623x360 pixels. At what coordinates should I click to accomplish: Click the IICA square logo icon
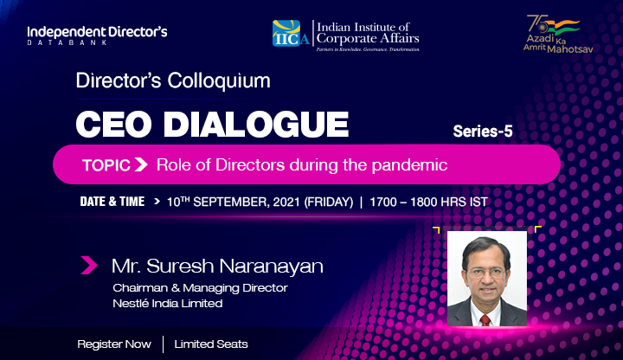pyautogui.click(x=286, y=33)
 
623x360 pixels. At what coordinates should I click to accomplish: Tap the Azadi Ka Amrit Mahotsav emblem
pyautogui.click(x=558, y=34)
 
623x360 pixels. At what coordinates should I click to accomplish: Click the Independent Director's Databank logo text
pyautogui.click(x=97, y=35)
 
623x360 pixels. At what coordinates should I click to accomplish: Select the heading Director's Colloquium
pyautogui.click(x=173, y=80)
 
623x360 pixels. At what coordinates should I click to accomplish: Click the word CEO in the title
pyautogui.click(x=114, y=124)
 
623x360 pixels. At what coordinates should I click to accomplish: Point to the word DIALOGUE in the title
pyautogui.click(x=256, y=124)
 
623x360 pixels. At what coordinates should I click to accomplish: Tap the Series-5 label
pyautogui.click(x=483, y=132)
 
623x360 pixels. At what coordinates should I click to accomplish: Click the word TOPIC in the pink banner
pyautogui.click(x=106, y=165)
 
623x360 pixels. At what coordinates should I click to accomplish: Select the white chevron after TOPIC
pyautogui.click(x=141, y=164)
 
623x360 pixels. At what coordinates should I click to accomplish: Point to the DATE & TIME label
pyautogui.click(x=112, y=202)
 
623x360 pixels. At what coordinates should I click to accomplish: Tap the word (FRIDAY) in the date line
pyautogui.click(x=329, y=202)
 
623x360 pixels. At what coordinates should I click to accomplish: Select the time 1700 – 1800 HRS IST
pyautogui.click(x=428, y=202)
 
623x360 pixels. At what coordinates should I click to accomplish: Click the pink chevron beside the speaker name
pyautogui.click(x=89, y=266)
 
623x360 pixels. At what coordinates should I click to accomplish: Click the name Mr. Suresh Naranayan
pyautogui.click(x=217, y=266)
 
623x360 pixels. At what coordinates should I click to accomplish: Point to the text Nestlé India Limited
pyautogui.click(x=168, y=303)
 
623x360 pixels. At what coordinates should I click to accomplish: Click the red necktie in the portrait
pyautogui.click(x=485, y=320)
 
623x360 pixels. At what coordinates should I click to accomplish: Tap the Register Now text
pyautogui.click(x=114, y=344)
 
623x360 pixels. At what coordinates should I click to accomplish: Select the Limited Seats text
pyautogui.click(x=211, y=344)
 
